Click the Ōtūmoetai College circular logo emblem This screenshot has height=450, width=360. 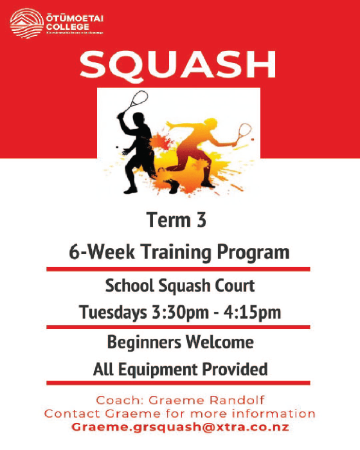pos(26,22)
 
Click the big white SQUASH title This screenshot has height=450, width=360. pos(178,65)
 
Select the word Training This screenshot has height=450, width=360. pos(170,251)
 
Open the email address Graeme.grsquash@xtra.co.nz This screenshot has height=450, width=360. pos(180,427)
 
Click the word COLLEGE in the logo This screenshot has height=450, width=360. pos(63,26)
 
